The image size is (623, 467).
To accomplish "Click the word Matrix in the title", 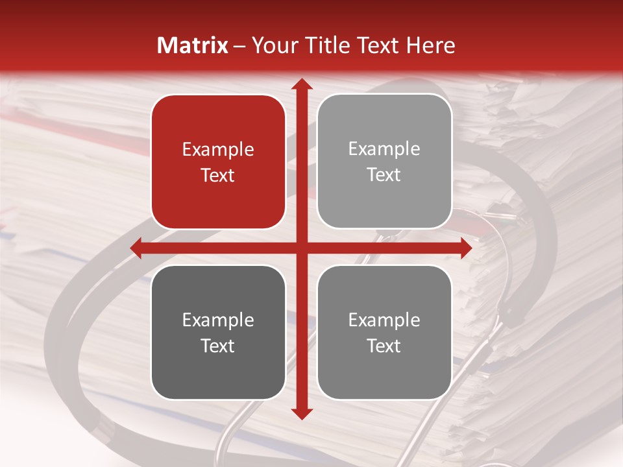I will [x=193, y=45].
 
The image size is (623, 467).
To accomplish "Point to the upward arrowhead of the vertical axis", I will [x=301, y=85].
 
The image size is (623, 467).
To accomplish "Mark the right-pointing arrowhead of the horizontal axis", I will [x=465, y=248].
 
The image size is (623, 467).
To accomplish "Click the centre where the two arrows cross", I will [x=301, y=248].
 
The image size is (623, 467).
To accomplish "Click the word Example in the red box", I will [x=218, y=150].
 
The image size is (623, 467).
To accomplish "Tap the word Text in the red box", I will [x=218, y=176].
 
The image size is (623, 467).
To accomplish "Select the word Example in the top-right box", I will [x=384, y=149].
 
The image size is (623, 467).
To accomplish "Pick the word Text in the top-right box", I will [x=384, y=175].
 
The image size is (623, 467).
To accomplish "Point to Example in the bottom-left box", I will [x=218, y=320].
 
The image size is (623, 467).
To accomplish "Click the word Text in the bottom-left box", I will [x=218, y=346].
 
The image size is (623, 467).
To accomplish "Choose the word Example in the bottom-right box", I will [x=384, y=320].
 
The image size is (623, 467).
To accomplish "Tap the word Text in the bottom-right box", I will [x=384, y=346].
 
